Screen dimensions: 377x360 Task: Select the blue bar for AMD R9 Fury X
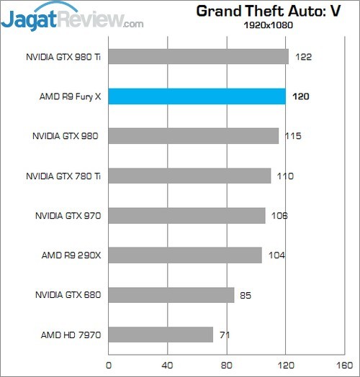[197, 96]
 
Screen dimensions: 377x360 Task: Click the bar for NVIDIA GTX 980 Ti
[199, 57]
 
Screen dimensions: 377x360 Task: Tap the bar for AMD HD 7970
[161, 335]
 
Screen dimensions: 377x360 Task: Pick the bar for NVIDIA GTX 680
[171, 295]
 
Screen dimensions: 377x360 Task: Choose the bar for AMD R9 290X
[185, 255]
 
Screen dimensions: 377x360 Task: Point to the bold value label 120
[301, 96]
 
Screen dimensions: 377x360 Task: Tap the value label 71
[225, 335]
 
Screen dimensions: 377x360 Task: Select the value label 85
[246, 295]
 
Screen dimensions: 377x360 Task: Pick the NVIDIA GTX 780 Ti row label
[63, 176]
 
